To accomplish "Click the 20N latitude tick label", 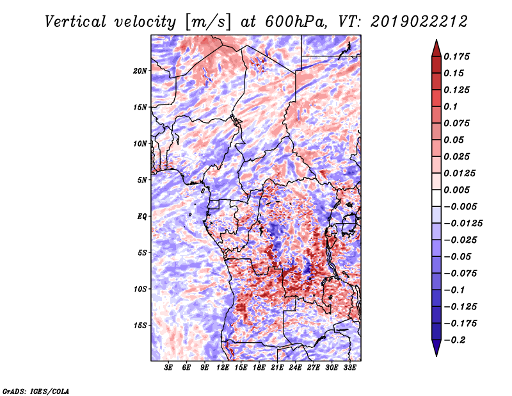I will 140,70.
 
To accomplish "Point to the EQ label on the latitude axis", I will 142,216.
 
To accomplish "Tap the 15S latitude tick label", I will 140,325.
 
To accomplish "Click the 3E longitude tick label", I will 168,368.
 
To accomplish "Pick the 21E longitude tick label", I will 277,368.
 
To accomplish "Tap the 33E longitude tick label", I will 349,368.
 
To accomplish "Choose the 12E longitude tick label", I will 223,368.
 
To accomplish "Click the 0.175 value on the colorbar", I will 458,56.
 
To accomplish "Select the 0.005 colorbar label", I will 458,190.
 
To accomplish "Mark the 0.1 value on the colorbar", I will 451,106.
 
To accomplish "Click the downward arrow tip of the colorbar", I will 435,354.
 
